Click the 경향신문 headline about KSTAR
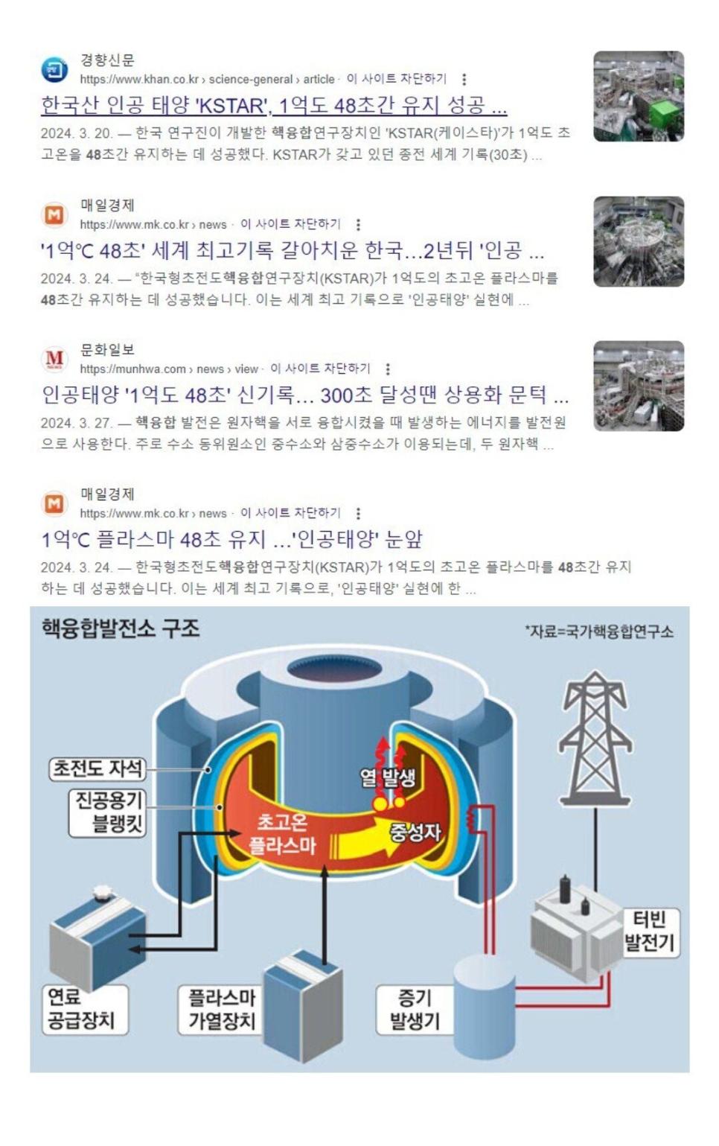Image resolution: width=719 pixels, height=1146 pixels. coord(274,106)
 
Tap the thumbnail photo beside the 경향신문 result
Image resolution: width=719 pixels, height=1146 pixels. coord(638,96)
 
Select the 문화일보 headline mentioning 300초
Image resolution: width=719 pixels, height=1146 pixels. coord(304,395)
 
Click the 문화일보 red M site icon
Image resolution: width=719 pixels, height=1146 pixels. coord(54,359)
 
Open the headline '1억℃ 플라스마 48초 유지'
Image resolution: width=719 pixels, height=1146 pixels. coord(231,539)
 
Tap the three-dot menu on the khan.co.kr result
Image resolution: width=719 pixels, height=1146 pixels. coord(464,79)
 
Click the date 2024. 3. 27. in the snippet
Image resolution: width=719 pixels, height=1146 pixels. coord(76,423)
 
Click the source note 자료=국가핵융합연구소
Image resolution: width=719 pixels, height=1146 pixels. coord(599,632)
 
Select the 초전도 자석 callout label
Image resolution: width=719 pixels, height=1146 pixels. coord(98,768)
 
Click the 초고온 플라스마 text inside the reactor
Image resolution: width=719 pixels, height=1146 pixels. coord(282,834)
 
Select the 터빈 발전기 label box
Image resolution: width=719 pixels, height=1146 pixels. coord(651,932)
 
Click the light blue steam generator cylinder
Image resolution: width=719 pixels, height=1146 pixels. coord(485,1007)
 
